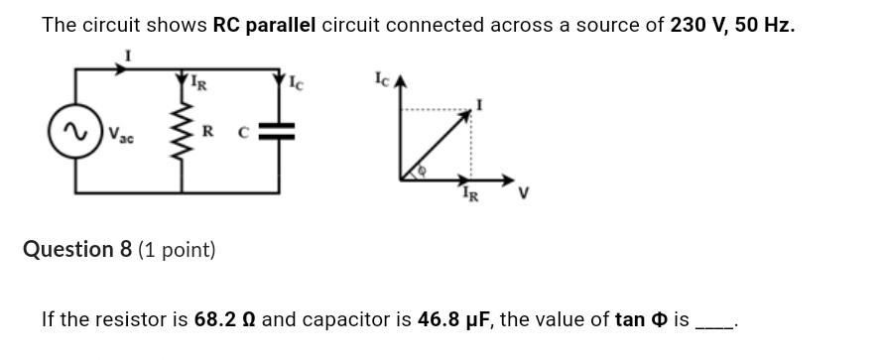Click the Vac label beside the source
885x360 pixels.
pos(122,133)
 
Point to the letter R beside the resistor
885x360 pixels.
pos(207,130)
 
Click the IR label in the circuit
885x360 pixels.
pos(199,83)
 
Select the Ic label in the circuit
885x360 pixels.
pos(296,84)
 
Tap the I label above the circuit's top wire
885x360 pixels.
pos(125,58)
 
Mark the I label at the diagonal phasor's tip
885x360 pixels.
pos(479,104)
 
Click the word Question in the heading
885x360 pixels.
pos(69,249)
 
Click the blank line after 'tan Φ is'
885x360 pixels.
pos(714,323)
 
